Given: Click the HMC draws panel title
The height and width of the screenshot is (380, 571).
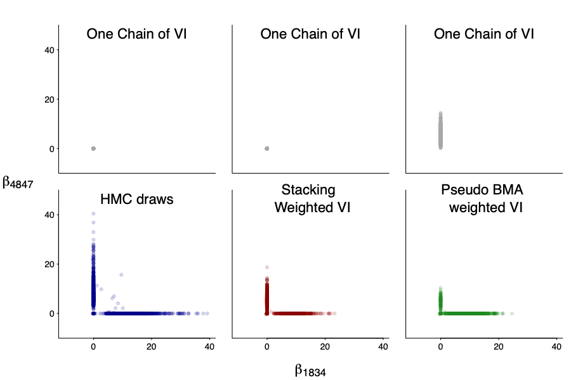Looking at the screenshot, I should (137, 199).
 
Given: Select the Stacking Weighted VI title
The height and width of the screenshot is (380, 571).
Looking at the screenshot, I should (310, 198).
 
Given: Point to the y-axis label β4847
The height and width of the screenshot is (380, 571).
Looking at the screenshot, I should (18, 183).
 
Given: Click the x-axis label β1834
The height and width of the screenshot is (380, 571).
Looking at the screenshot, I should (310, 371).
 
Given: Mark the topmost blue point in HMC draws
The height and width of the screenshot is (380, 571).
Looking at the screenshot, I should (93, 214).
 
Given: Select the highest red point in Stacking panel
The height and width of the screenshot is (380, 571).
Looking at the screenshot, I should (266, 267).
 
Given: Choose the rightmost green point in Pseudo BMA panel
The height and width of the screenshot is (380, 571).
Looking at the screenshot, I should (511, 313).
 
